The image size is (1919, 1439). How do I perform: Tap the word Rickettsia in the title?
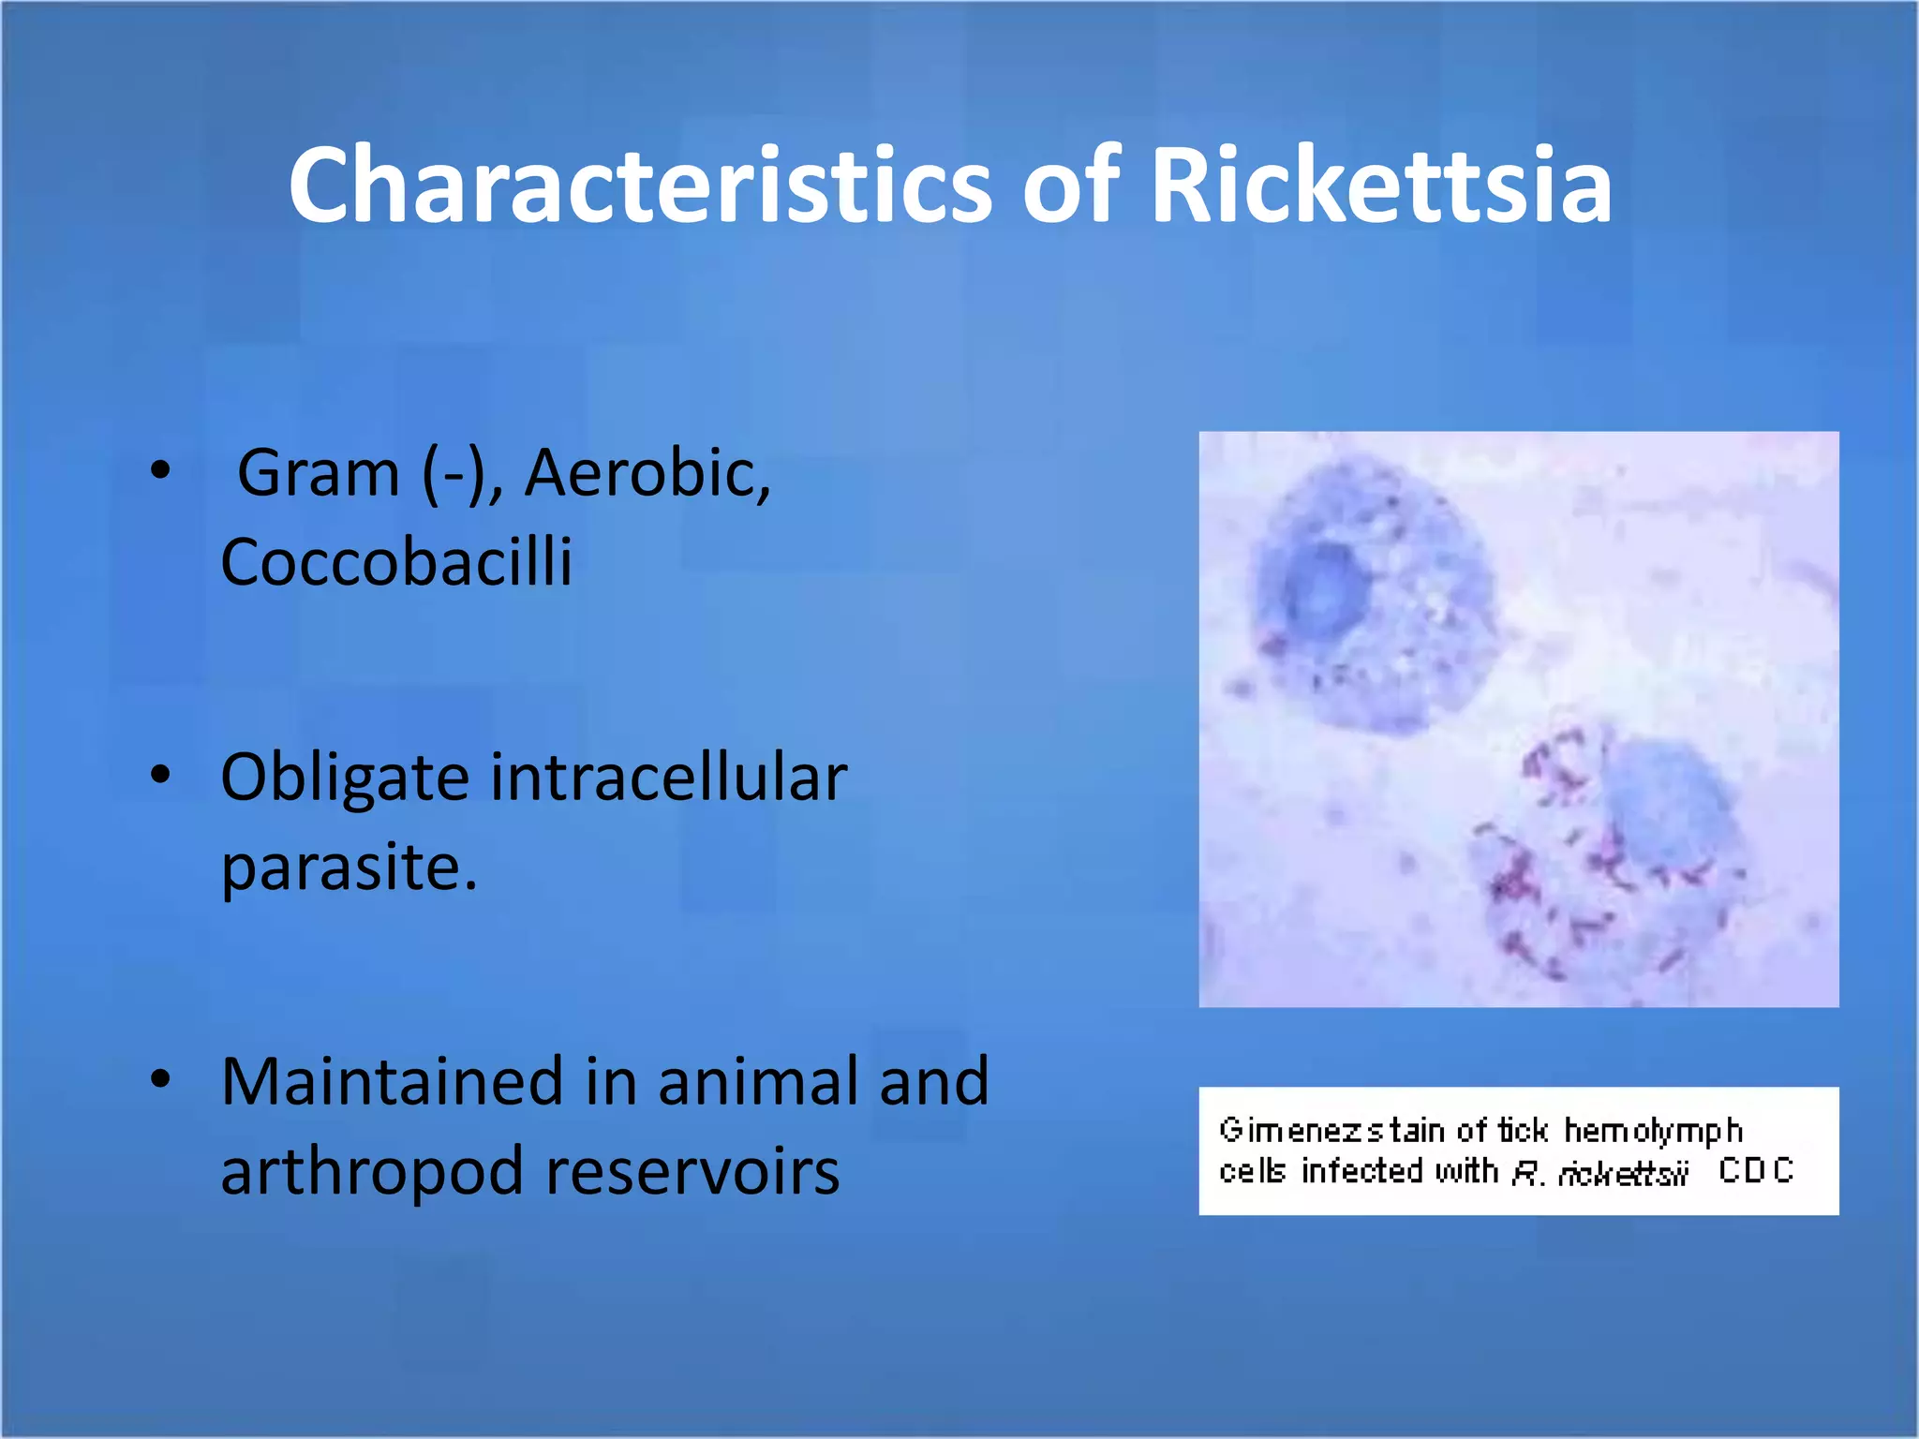1380,185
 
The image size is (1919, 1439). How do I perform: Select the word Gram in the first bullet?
319,473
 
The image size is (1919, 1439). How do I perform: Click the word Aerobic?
647,473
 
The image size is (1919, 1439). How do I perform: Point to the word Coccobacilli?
395,562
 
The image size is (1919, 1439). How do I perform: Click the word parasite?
349,868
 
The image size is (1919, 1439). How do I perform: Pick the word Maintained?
392,1082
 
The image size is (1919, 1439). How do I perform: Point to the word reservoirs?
692,1173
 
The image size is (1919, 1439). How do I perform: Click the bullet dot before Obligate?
160,776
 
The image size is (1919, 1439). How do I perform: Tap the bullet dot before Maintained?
160,1079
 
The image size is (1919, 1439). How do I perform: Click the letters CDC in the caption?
1755,1170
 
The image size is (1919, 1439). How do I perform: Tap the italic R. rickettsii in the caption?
1600,1172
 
